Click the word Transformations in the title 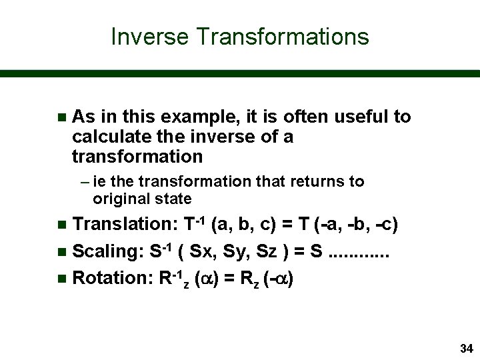282,36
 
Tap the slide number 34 466,349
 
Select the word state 174,199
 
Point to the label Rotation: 111,278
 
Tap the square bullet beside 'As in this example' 61,118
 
